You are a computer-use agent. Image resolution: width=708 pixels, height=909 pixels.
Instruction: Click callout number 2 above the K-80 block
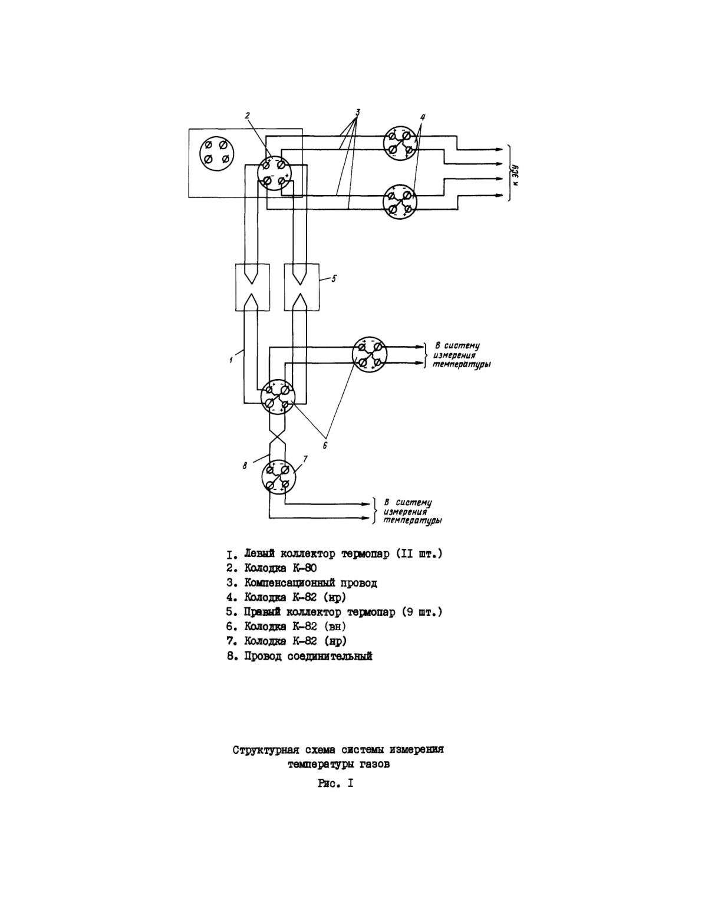[x=248, y=115]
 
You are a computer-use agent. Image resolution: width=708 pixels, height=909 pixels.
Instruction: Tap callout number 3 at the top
[x=358, y=112]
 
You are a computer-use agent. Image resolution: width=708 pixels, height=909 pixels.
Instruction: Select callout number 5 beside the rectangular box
[x=333, y=279]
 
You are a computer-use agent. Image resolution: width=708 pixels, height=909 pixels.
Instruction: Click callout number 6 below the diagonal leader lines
[x=324, y=446]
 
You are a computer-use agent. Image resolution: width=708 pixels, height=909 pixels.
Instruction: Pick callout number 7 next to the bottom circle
[x=305, y=459]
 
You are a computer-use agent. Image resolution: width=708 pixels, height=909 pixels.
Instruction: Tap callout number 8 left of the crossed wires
[x=245, y=465]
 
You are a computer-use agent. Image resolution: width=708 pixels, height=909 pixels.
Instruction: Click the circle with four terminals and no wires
[x=216, y=152]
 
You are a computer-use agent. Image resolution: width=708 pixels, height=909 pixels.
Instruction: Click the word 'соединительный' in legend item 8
[x=330, y=656]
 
